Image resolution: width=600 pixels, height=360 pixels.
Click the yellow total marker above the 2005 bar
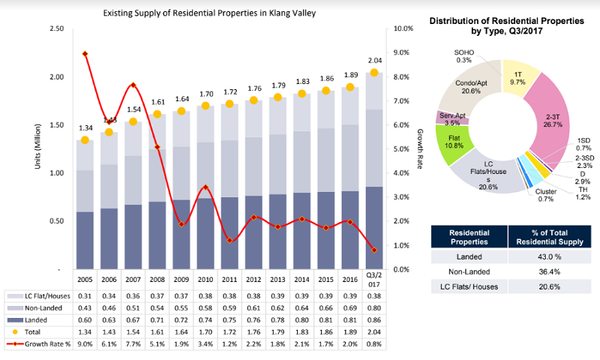(x=85, y=140)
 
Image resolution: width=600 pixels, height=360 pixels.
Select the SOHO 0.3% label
(x=463, y=55)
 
